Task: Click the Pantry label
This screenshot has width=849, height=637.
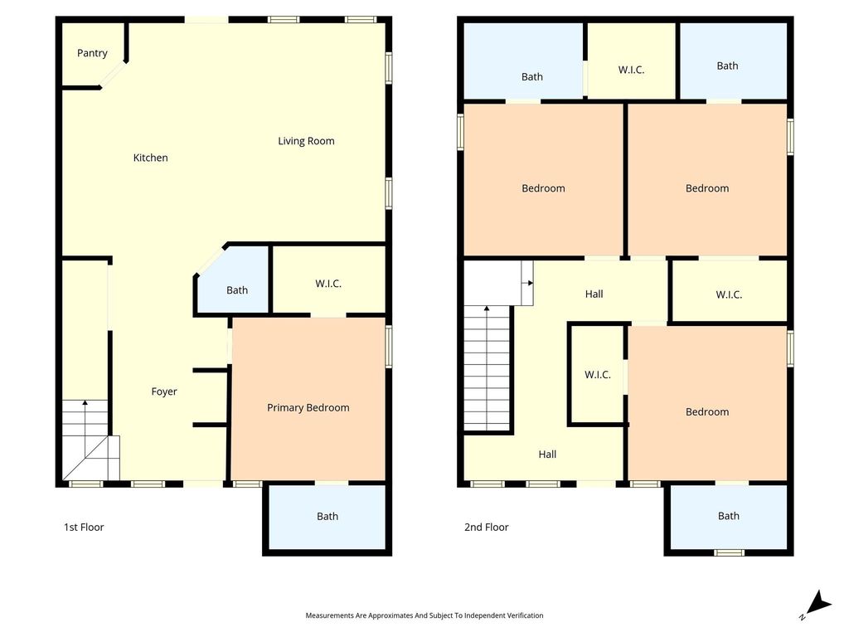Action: tap(92, 53)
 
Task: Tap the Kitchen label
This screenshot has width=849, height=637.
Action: tap(151, 158)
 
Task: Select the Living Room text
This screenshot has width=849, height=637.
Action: tap(306, 141)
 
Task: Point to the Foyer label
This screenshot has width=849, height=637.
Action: tap(164, 391)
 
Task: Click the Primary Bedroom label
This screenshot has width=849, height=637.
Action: tap(308, 408)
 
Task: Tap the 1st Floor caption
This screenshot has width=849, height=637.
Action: tap(84, 527)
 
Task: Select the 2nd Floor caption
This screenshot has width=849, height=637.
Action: tap(486, 527)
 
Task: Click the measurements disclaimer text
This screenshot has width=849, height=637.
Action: tap(424, 615)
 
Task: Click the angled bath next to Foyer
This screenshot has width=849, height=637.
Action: tap(233, 280)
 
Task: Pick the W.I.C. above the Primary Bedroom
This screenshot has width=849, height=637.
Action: tap(328, 280)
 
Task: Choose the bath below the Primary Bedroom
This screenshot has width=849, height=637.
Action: tap(327, 517)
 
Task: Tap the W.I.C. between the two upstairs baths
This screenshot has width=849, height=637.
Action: tap(631, 61)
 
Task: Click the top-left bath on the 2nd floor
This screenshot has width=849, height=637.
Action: tap(524, 61)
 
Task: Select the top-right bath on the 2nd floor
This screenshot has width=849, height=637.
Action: tap(733, 61)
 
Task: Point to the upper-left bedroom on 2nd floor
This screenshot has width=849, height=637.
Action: tap(543, 179)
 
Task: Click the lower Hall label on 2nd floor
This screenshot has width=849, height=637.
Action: tap(547, 455)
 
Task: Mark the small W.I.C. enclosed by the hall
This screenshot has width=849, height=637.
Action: tap(598, 374)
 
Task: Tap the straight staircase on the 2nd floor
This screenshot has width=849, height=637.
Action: tap(487, 367)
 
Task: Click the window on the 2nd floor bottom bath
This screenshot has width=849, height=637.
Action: tap(729, 552)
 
